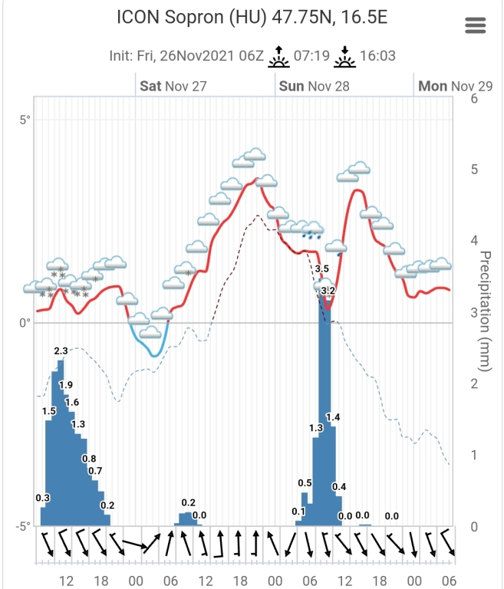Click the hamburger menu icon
tap(476, 25)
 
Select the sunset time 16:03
tap(377, 56)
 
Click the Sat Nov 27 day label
tap(173, 86)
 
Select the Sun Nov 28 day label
tap(314, 86)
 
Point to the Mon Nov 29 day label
tap(455, 86)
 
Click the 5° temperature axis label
tap(25, 120)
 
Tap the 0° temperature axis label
tap(25, 323)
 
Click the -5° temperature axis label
tap(23, 526)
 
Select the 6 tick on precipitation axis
tap(474, 98)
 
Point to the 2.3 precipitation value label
tap(61, 350)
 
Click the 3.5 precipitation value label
tap(322, 268)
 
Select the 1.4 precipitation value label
tap(333, 416)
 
